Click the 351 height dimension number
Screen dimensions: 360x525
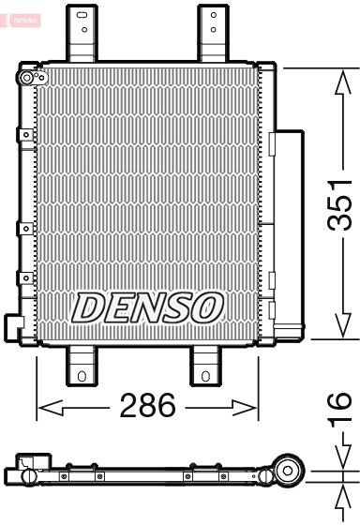pyautogui.click(x=339, y=205)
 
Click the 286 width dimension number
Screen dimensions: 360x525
pyautogui.click(x=148, y=405)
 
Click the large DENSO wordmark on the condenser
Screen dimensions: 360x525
pyautogui.click(x=148, y=307)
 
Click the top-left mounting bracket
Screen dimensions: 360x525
pyautogui.click(x=82, y=33)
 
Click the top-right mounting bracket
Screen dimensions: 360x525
pyautogui.click(x=214, y=33)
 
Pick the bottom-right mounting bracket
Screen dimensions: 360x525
pyautogui.click(x=205, y=366)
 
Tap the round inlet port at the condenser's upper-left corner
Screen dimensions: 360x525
pyautogui.click(x=26, y=78)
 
